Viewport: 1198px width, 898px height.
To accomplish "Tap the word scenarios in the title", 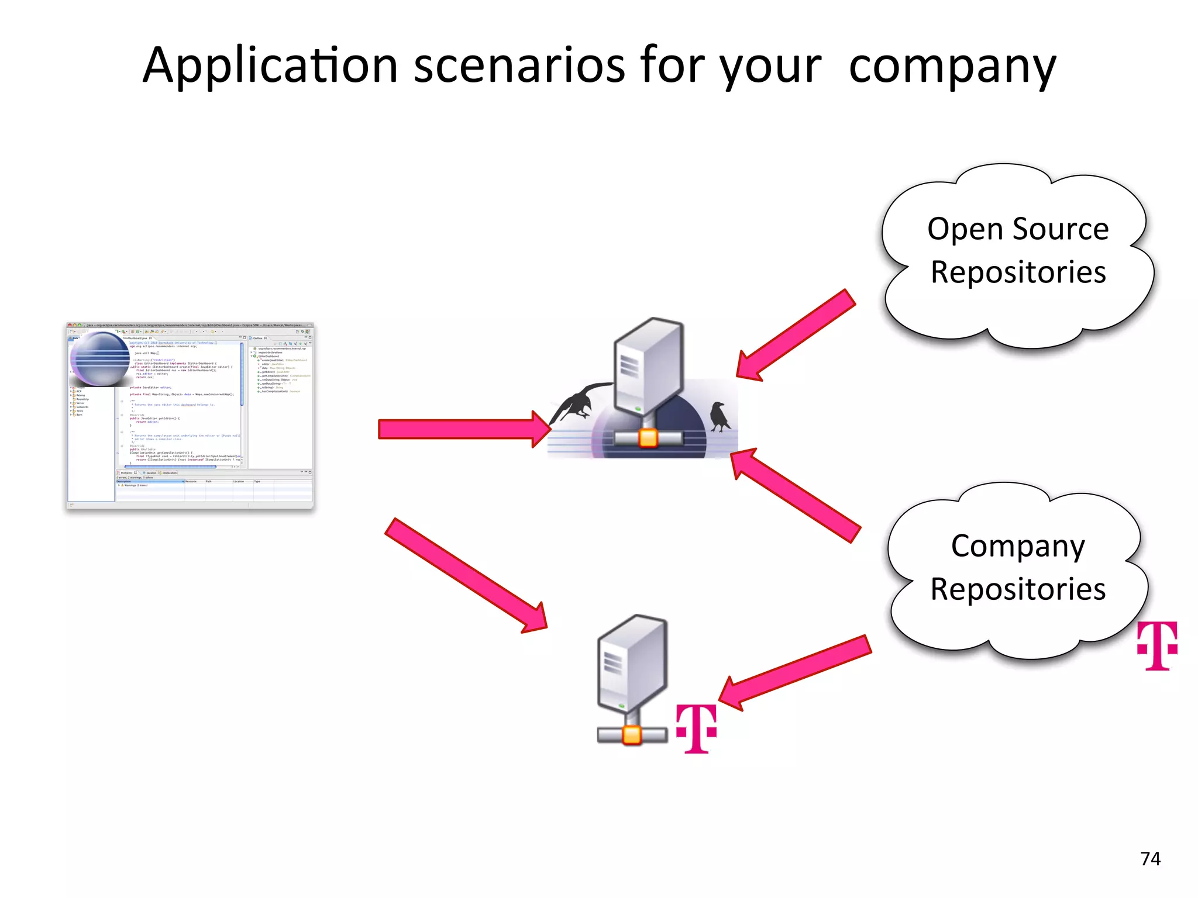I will [x=519, y=65].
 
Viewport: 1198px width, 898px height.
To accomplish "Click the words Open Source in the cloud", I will [x=1018, y=229].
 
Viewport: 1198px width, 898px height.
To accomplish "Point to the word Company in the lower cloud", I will [x=1018, y=546].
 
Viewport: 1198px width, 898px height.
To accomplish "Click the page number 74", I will [x=1150, y=858].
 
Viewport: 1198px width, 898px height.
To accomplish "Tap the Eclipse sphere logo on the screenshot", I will [x=99, y=358].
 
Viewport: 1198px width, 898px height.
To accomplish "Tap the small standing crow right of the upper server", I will [x=719, y=416].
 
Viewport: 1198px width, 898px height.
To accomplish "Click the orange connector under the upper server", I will [x=648, y=437].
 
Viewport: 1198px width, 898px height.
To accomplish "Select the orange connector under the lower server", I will [x=632, y=735].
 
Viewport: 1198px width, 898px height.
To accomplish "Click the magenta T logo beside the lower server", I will [x=696, y=728].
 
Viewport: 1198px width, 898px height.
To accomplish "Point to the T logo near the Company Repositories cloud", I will [x=1157, y=645].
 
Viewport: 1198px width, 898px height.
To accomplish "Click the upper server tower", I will [x=648, y=365].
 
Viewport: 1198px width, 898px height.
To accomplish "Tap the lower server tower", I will [x=632, y=664].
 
